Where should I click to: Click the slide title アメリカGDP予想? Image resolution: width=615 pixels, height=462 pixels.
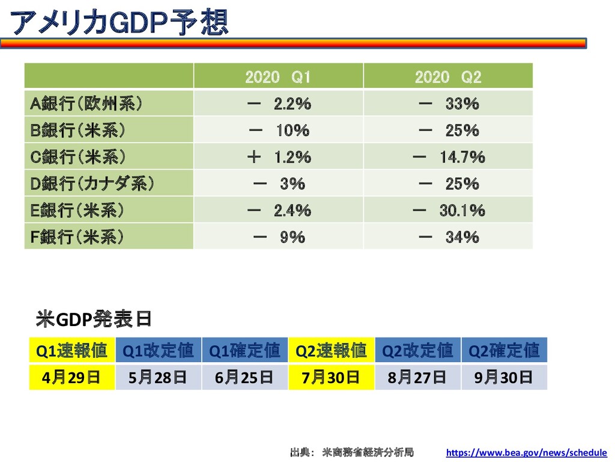[x=119, y=23]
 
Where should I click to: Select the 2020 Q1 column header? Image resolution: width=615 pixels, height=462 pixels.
[x=278, y=77]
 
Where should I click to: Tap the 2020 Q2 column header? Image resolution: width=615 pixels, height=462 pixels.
[x=448, y=77]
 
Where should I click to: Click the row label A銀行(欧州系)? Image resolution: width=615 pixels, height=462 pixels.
[x=86, y=103]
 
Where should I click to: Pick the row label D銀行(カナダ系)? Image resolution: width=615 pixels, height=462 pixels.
[x=92, y=183]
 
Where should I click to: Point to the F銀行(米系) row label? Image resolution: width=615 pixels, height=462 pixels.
[x=77, y=237]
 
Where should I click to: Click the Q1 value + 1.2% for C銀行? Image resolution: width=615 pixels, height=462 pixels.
[x=279, y=157]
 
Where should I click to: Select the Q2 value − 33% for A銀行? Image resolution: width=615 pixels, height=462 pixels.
[x=448, y=103]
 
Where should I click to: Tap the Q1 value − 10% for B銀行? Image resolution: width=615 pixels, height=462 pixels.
[x=279, y=131]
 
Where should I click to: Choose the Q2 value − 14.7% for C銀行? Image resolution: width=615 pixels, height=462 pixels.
[x=449, y=157]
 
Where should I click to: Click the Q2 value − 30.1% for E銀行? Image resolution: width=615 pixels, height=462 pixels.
[x=449, y=211]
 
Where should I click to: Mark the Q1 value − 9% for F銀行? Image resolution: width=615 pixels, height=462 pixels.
[x=279, y=237]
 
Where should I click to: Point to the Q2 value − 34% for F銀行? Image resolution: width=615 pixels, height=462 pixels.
[x=448, y=237]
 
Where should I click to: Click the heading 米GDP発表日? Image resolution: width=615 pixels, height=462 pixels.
[x=94, y=319]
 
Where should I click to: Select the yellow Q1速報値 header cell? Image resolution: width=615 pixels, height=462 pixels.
[x=72, y=350]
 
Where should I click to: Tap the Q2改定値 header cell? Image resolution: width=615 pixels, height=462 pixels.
[x=418, y=350]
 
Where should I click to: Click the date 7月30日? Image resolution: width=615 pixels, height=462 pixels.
[x=331, y=378]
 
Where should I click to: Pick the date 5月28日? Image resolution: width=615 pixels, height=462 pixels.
[x=158, y=378]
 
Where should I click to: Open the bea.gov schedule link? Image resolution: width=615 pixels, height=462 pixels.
[x=526, y=452]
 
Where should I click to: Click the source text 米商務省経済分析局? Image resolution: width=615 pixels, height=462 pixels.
[x=368, y=452]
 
